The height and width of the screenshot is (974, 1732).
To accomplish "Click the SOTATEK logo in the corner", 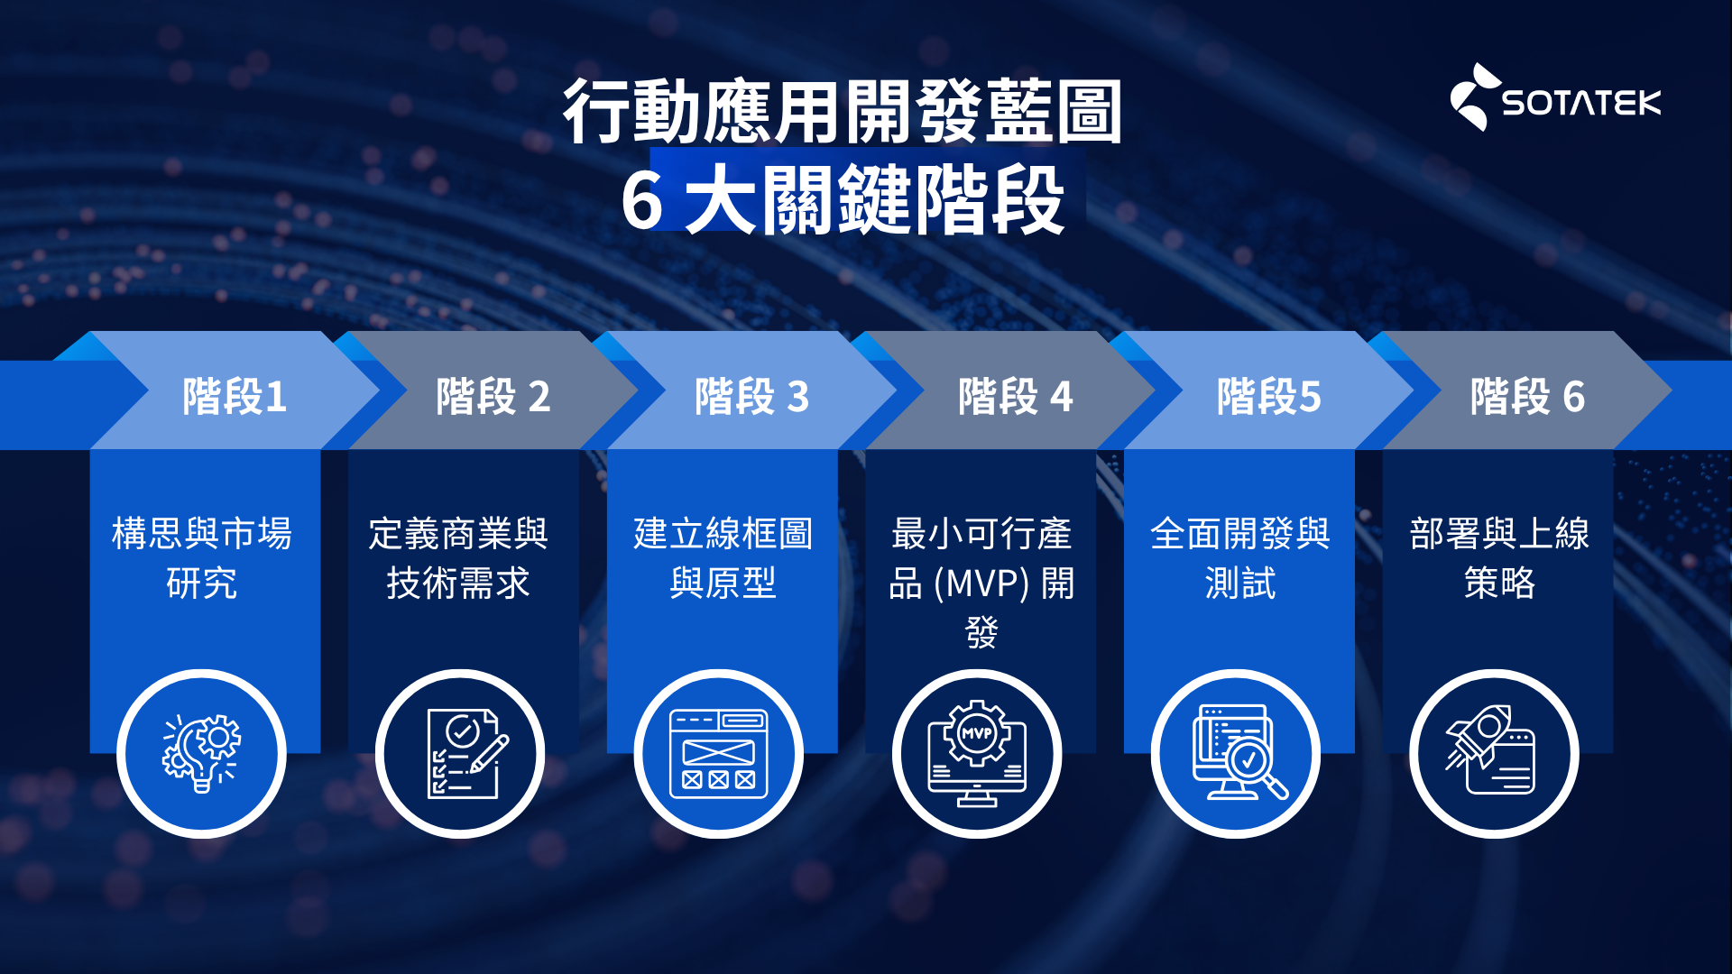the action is click(x=1555, y=97).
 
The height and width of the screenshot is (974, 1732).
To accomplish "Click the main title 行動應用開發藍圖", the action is click(x=843, y=111).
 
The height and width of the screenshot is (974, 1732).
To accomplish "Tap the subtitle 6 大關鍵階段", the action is click(x=843, y=201).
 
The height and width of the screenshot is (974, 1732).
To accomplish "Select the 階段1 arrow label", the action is click(x=235, y=396).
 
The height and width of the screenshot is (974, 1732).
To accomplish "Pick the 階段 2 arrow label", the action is click(x=493, y=396).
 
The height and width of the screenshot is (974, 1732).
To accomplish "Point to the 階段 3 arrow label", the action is click(x=751, y=396).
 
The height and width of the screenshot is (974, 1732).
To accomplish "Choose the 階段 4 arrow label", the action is click(x=1015, y=396).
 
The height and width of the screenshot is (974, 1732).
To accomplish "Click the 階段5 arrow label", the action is click(x=1268, y=396).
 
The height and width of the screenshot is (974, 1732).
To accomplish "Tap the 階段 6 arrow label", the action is click(x=1527, y=396).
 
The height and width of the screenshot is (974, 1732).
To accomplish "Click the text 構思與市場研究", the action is click(x=202, y=557).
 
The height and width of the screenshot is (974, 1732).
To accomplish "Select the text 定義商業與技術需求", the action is click(x=458, y=557).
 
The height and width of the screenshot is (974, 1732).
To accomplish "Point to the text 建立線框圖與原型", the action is click(x=723, y=557).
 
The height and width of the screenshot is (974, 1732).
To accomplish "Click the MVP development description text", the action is click(x=981, y=582).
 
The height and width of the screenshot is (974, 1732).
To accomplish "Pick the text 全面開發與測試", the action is click(x=1240, y=557).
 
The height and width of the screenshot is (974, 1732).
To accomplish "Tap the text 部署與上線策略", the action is click(x=1499, y=557).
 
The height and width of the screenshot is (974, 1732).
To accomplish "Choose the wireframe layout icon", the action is click(x=718, y=754).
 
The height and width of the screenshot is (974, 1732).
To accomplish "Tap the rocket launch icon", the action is click(x=1490, y=750).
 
